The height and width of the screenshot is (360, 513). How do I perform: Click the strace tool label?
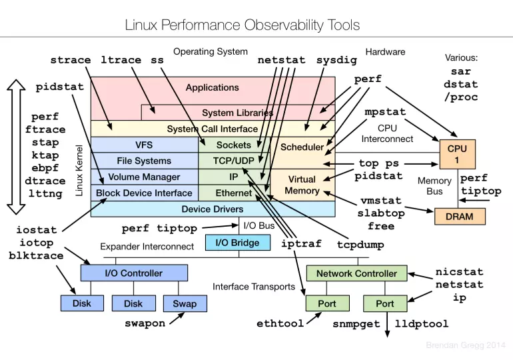click(71, 60)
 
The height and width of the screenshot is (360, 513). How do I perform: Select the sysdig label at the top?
click(336, 60)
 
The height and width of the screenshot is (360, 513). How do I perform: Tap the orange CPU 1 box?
click(457, 155)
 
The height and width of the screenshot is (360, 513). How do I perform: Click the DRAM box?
click(460, 216)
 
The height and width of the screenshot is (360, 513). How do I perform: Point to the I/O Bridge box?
click(237, 243)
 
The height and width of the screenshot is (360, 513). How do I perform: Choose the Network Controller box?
click(356, 273)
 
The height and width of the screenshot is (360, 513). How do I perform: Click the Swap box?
click(185, 303)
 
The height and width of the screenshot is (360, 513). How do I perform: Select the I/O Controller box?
click(133, 273)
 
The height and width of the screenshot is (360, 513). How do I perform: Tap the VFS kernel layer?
click(144, 145)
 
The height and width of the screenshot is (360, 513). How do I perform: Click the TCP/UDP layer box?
click(233, 161)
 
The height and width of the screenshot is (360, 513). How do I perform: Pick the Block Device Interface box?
click(144, 193)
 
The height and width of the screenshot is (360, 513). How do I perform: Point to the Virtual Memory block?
click(302, 185)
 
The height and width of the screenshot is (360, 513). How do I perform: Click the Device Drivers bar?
click(213, 209)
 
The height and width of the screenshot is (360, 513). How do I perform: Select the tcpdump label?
click(360, 245)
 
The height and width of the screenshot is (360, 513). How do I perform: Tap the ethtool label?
click(280, 324)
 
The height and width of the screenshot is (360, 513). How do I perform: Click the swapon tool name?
click(145, 324)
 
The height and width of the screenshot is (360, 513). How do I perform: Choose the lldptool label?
click(422, 324)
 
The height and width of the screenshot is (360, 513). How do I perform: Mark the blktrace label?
click(37, 255)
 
